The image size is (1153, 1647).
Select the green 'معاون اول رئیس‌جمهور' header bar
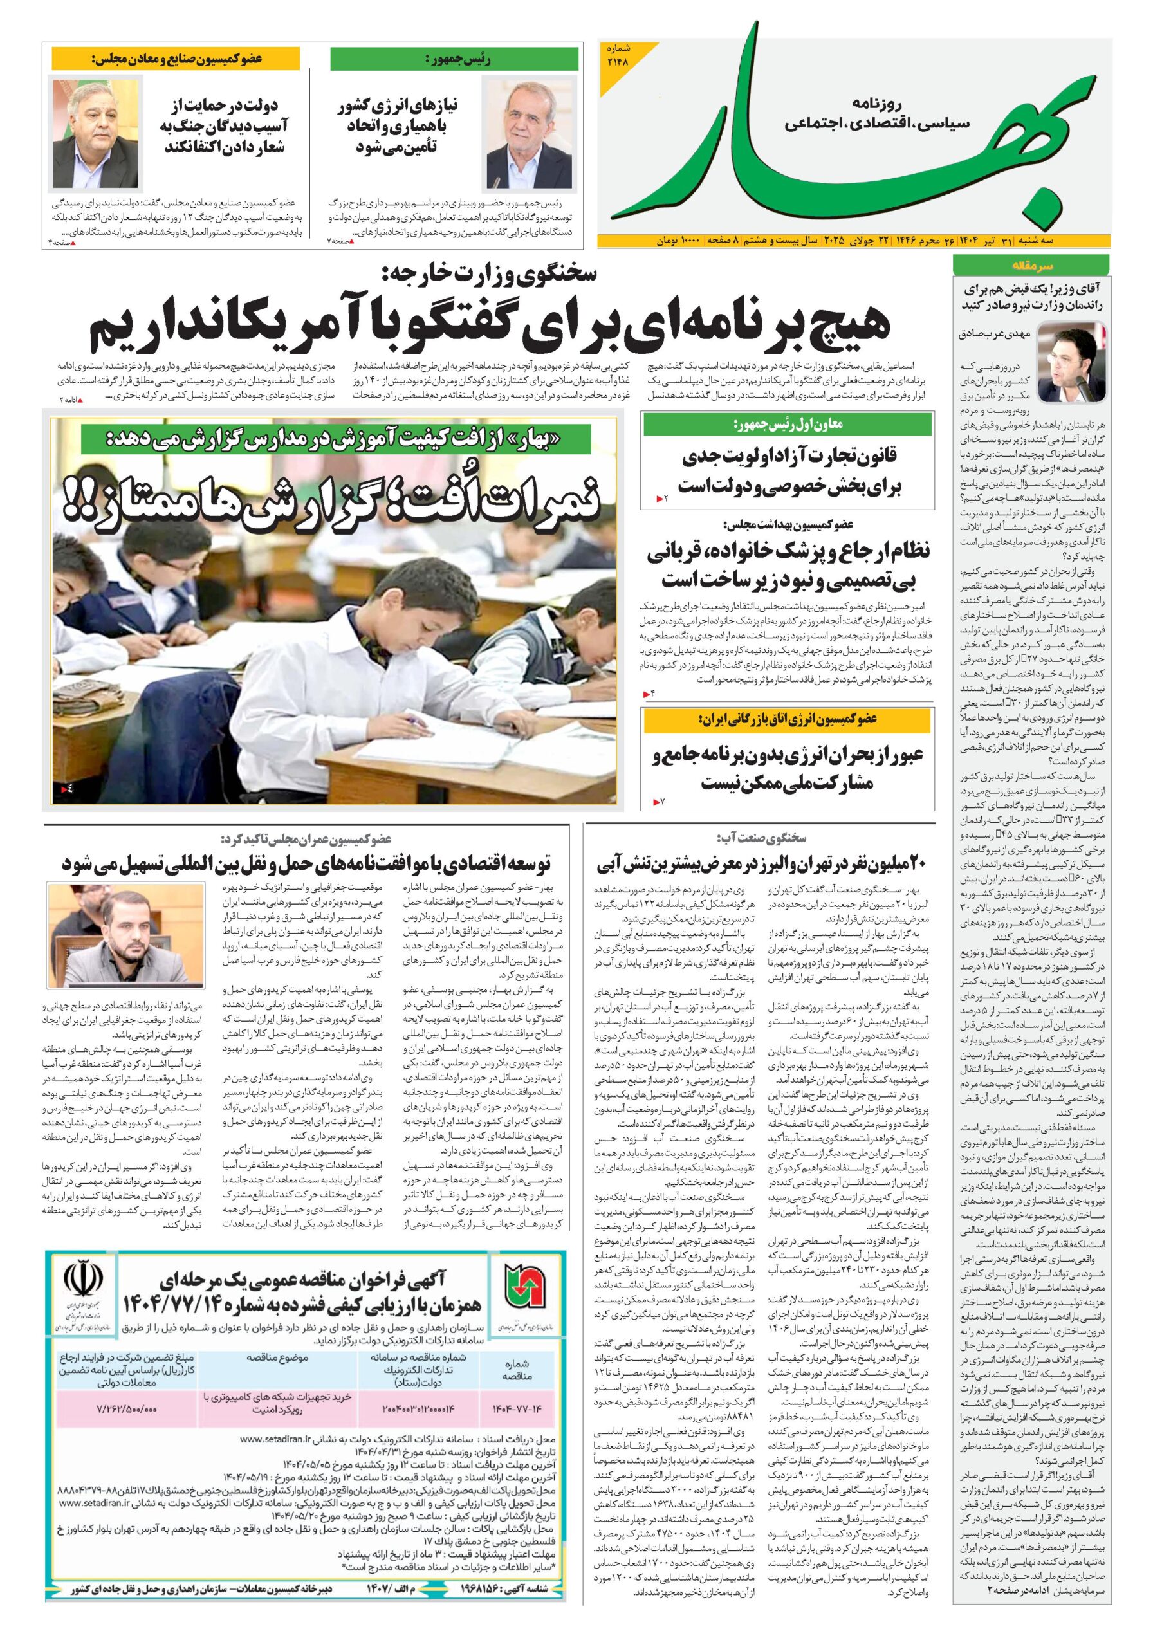[787, 425]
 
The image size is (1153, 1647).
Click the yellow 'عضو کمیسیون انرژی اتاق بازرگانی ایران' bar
[787, 719]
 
